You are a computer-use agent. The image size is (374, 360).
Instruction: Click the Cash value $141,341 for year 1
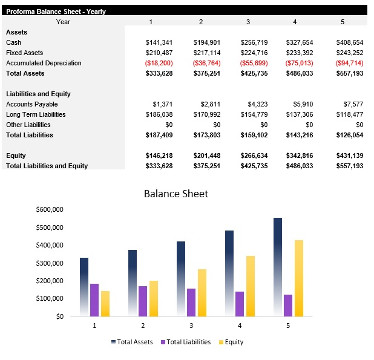pos(159,42)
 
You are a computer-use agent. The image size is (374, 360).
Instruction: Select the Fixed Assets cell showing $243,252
pos(349,53)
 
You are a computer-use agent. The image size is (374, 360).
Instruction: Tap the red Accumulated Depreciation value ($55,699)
pos(254,63)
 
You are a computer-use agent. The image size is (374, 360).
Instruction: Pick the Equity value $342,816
pos(300,155)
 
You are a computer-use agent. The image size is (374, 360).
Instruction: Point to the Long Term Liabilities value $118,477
pos(349,114)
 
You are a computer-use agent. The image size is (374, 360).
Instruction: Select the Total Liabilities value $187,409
pos(159,135)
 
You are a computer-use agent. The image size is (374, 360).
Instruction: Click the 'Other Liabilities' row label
pos(28,125)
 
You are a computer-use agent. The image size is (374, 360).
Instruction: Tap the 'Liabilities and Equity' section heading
pos(38,94)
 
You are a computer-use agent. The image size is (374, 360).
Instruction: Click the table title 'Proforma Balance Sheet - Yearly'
pos(56,11)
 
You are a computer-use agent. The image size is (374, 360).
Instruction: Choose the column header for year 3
pos(248,22)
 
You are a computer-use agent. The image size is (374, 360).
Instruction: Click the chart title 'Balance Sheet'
pos(176,194)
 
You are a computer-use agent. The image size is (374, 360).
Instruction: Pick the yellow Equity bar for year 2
pos(153,298)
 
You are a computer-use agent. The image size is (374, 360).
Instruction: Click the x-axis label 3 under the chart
pos(191,326)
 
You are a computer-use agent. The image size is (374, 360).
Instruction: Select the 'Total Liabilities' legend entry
pos(185,342)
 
